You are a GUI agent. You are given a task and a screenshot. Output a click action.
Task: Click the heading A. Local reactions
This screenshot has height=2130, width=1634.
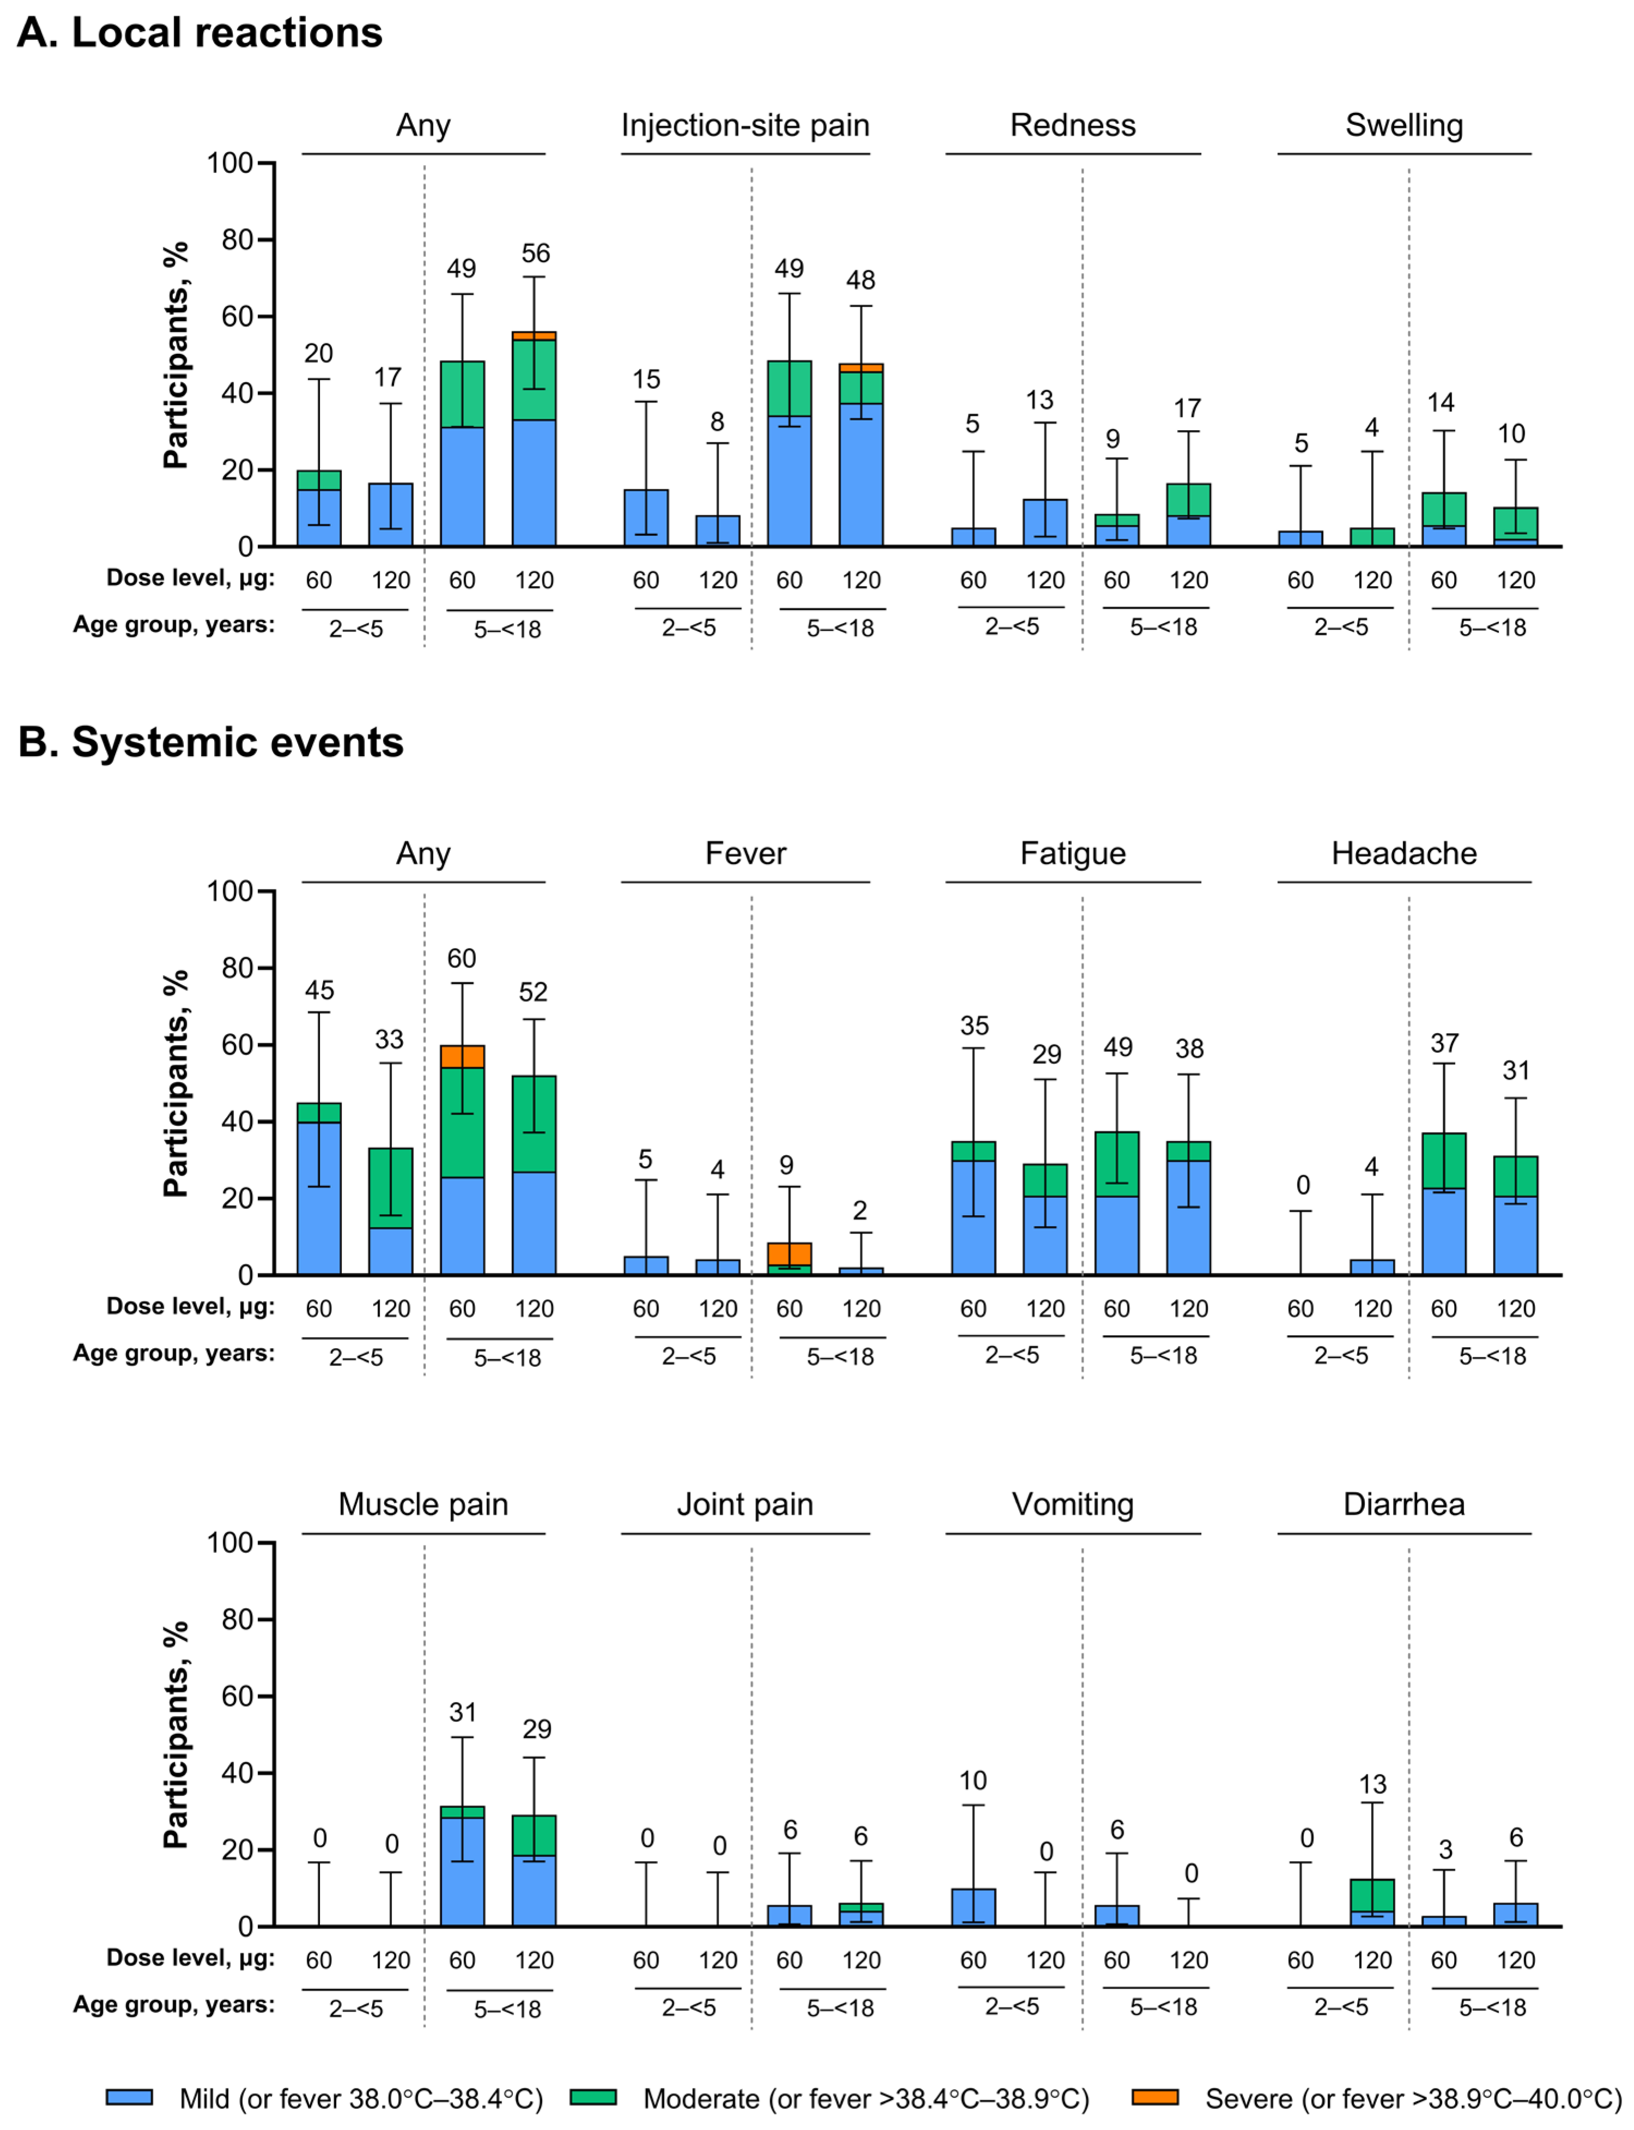tap(199, 33)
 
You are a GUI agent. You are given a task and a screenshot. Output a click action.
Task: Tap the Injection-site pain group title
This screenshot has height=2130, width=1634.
tap(745, 125)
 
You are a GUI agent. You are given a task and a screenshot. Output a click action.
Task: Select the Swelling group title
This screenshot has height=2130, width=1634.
tap(1403, 125)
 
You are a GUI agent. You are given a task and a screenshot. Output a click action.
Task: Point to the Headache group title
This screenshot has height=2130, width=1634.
tap(1403, 853)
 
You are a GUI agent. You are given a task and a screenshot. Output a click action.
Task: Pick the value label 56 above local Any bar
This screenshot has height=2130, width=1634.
tap(535, 254)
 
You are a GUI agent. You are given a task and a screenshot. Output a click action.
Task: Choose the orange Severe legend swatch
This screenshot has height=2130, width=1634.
tap(1154, 2097)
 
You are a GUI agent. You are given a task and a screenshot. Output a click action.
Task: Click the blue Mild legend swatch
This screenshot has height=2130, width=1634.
tap(129, 2097)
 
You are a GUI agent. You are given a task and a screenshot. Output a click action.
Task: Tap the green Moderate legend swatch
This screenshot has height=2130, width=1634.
tap(592, 2097)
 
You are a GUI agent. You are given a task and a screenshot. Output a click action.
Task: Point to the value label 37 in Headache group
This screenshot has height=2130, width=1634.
tap(1444, 1043)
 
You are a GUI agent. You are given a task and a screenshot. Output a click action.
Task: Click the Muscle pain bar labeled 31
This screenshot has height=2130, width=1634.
tap(462, 1867)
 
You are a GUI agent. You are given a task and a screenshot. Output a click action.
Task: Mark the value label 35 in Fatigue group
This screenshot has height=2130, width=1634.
tap(973, 1026)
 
